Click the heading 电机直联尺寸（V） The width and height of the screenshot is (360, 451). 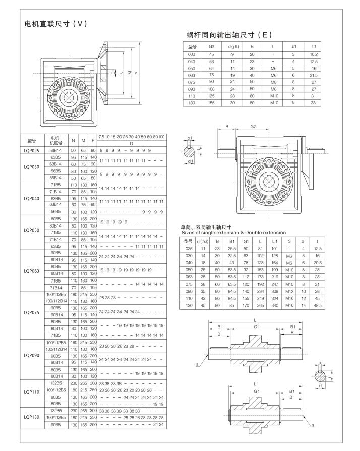click(56, 24)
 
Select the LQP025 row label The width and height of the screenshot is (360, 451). click(34, 151)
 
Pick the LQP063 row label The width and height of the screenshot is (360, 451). click(34, 270)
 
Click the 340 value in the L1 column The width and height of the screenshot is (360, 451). click(274, 306)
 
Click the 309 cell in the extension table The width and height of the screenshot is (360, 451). click(274, 292)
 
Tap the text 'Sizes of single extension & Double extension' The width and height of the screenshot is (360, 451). click(233, 232)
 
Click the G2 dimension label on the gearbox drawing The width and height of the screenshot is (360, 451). click(255, 127)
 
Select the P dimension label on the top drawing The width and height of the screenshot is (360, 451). click(137, 73)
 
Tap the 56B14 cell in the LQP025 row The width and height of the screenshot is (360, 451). click(55, 151)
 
